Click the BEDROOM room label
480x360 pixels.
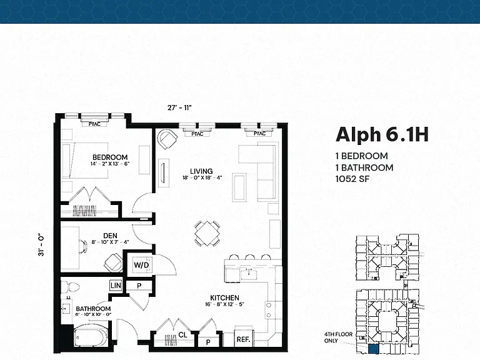click(110, 157)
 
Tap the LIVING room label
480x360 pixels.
click(201, 171)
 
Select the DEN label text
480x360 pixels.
click(110, 236)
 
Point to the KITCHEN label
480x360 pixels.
click(225, 297)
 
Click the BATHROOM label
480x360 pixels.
click(93, 309)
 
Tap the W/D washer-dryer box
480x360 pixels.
click(141, 265)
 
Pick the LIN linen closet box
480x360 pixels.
click(116, 286)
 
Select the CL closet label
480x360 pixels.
click(182, 335)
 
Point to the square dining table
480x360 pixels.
click(207, 233)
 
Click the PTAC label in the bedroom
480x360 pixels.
click(94, 124)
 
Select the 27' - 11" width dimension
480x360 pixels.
click(179, 107)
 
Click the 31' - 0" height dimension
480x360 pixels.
click(41, 245)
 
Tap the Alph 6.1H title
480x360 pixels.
click(382, 135)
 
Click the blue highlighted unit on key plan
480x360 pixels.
click(373, 349)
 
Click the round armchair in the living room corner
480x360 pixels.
click(167, 139)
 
